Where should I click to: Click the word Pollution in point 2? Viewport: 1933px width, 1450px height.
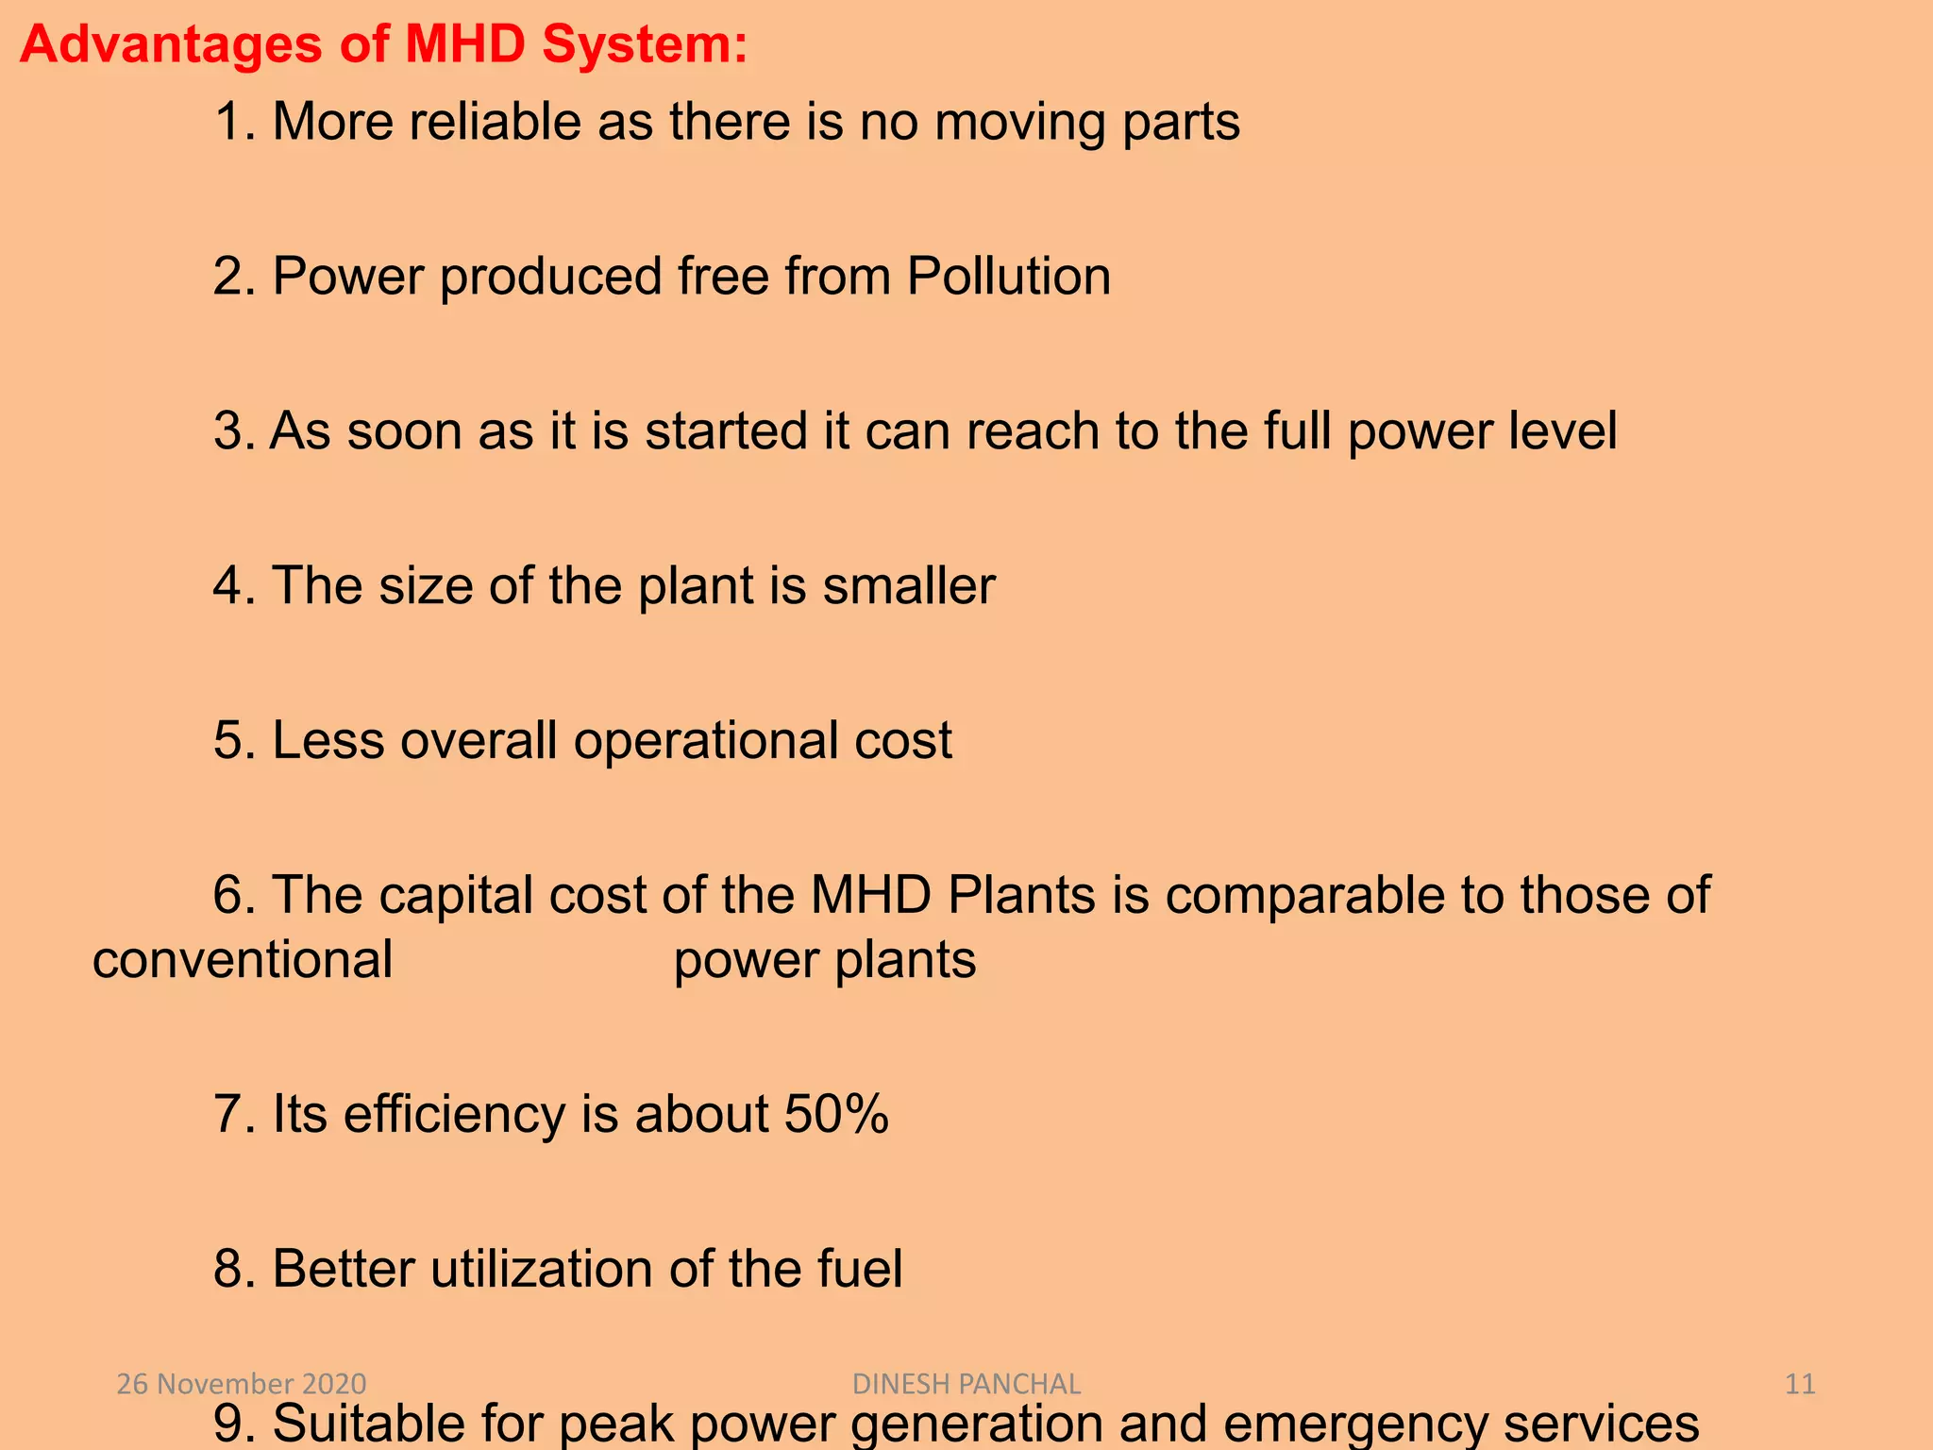pos(1009,278)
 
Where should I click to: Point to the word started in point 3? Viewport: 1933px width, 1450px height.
pos(727,431)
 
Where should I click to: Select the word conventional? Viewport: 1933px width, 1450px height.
pos(243,961)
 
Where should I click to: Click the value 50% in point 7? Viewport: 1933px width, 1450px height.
pos(836,1114)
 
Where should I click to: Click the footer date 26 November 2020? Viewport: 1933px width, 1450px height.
pos(242,1384)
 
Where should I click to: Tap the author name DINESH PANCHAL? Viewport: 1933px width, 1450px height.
pos(966,1384)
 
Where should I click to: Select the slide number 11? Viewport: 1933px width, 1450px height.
pos(1800,1384)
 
